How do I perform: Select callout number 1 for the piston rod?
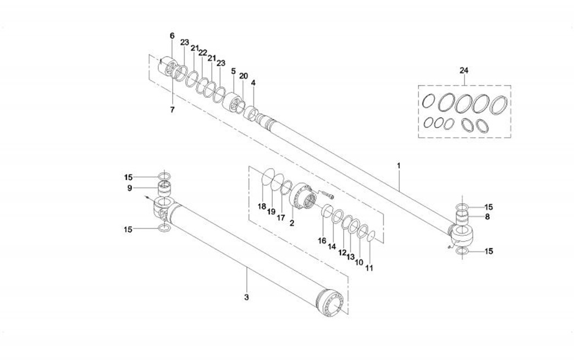tap(399, 165)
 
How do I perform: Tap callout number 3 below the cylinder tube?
tap(246, 297)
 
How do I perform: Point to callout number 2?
tap(291, 223)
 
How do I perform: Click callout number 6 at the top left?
tap(172, 36)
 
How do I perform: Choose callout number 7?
tap(172, 110)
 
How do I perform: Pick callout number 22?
tap(202, 53)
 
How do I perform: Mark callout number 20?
tap(244, 75)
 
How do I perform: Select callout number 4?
tap(253, 83)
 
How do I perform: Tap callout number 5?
tap(233, 71)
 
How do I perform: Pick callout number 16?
tap(322, 240)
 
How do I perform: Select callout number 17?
tap(280, 217)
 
